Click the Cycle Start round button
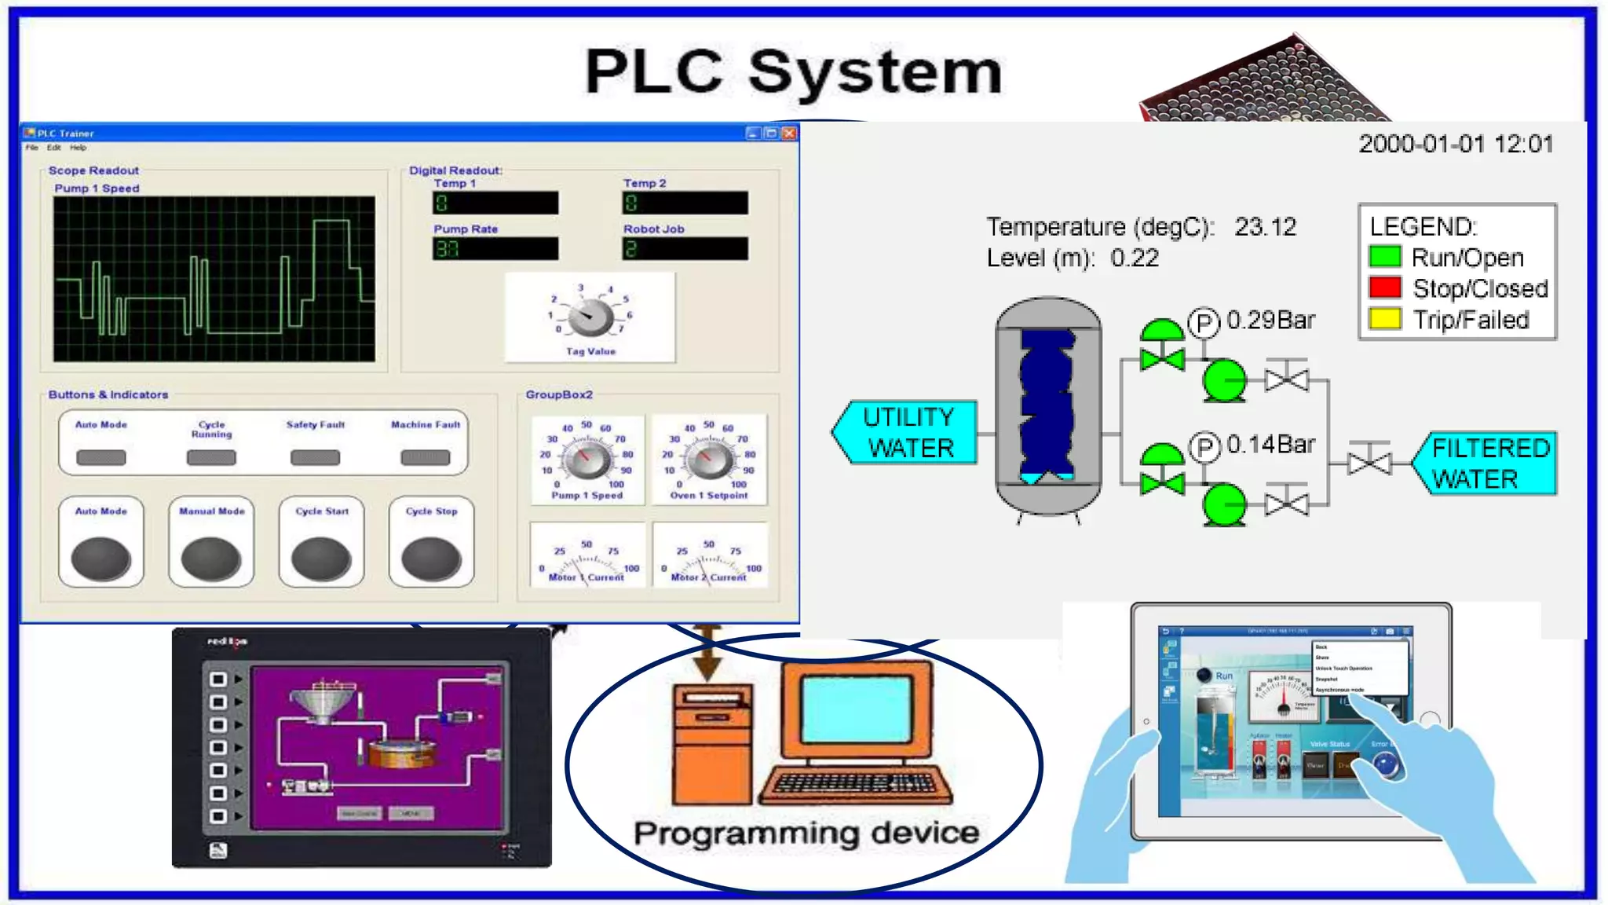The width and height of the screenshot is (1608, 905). [321, 559]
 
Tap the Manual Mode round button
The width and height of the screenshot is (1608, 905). [211, 559]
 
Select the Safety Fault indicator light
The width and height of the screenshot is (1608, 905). [315, 457]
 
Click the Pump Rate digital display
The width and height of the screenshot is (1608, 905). [495, 249]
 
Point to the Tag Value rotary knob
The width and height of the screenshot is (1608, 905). [590, 318]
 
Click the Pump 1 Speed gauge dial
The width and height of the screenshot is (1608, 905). [587, 460]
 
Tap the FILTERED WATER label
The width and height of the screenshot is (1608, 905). [1488, 463]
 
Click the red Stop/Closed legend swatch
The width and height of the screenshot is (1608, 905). [1385, 288]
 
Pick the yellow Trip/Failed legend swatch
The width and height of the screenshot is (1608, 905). [1385, 319]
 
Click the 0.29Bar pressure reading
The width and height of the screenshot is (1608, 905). [1270, 320]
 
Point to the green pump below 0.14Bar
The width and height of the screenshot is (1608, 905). [1224, 504]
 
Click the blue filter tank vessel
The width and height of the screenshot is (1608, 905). [1047, 405]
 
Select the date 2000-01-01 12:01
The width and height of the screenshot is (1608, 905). [1456, 144]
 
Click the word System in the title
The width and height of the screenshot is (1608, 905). [875, 72]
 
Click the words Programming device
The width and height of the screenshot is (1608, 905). [806, 833]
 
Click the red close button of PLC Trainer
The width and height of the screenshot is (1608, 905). [789, 133]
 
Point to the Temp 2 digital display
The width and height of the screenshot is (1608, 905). [685, 203]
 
